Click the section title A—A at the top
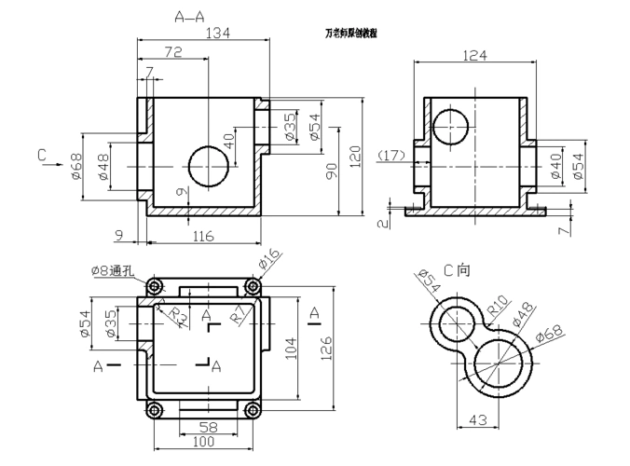[193, 16]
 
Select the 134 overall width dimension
[216, 33]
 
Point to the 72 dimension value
[172, 54]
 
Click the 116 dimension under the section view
[202, 237]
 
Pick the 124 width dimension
[474, 55]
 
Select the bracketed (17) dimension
[391, 155]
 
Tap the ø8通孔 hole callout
[114, 270]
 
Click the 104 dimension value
[291, 348]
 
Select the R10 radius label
[497, 307]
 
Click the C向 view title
[457, 270]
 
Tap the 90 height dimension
[332, 171]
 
